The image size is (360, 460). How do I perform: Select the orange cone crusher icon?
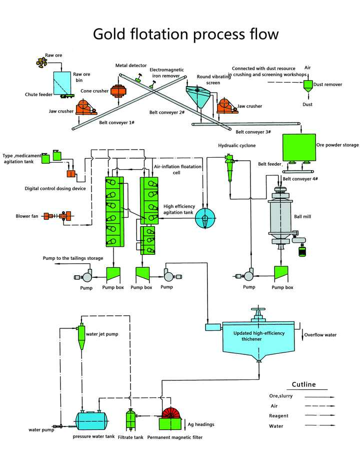[117, 92]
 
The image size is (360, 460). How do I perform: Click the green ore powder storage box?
[298, 147]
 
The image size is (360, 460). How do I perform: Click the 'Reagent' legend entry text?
[278, 415]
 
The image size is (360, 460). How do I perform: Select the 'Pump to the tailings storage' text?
[73, 258]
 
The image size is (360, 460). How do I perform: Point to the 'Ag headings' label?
[200, 424]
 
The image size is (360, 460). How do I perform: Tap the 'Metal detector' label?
[131, 66]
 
